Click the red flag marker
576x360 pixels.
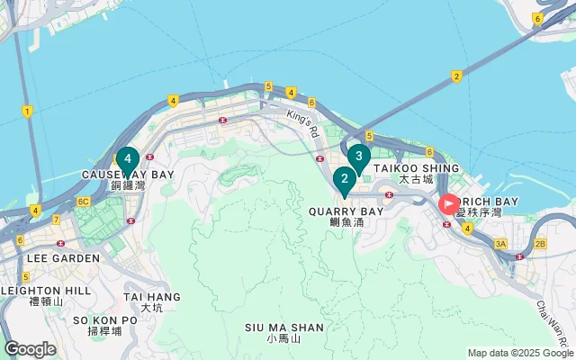(448, 204)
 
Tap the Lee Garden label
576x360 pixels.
(63, 257)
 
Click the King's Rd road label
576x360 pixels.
(303, 119)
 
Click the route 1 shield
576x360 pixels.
(28, 112)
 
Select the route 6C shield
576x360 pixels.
(83, 202)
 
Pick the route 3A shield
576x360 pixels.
(501, 244)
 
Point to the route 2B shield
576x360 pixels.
(540, 244)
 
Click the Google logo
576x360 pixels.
(30, 349)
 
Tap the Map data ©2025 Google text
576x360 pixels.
(519, 353)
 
